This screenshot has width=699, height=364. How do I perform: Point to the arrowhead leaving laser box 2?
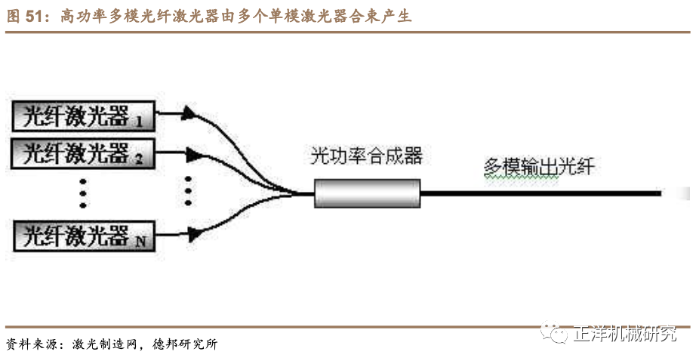coord(193,155)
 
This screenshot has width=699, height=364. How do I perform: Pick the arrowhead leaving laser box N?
coord(193,235)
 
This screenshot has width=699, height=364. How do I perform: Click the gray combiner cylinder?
coord(366,193)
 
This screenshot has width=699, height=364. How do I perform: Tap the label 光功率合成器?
coord(366,157)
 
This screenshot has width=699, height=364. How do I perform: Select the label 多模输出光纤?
coord(539,167)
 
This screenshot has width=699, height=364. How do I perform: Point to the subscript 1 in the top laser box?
coord(139,121)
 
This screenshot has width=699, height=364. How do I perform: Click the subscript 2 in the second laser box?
coord(139,160)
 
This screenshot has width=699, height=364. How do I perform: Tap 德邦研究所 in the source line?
coord(186,344)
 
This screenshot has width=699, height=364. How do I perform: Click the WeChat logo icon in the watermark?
coord(559,334)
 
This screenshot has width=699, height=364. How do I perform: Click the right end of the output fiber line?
coord(660,193)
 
